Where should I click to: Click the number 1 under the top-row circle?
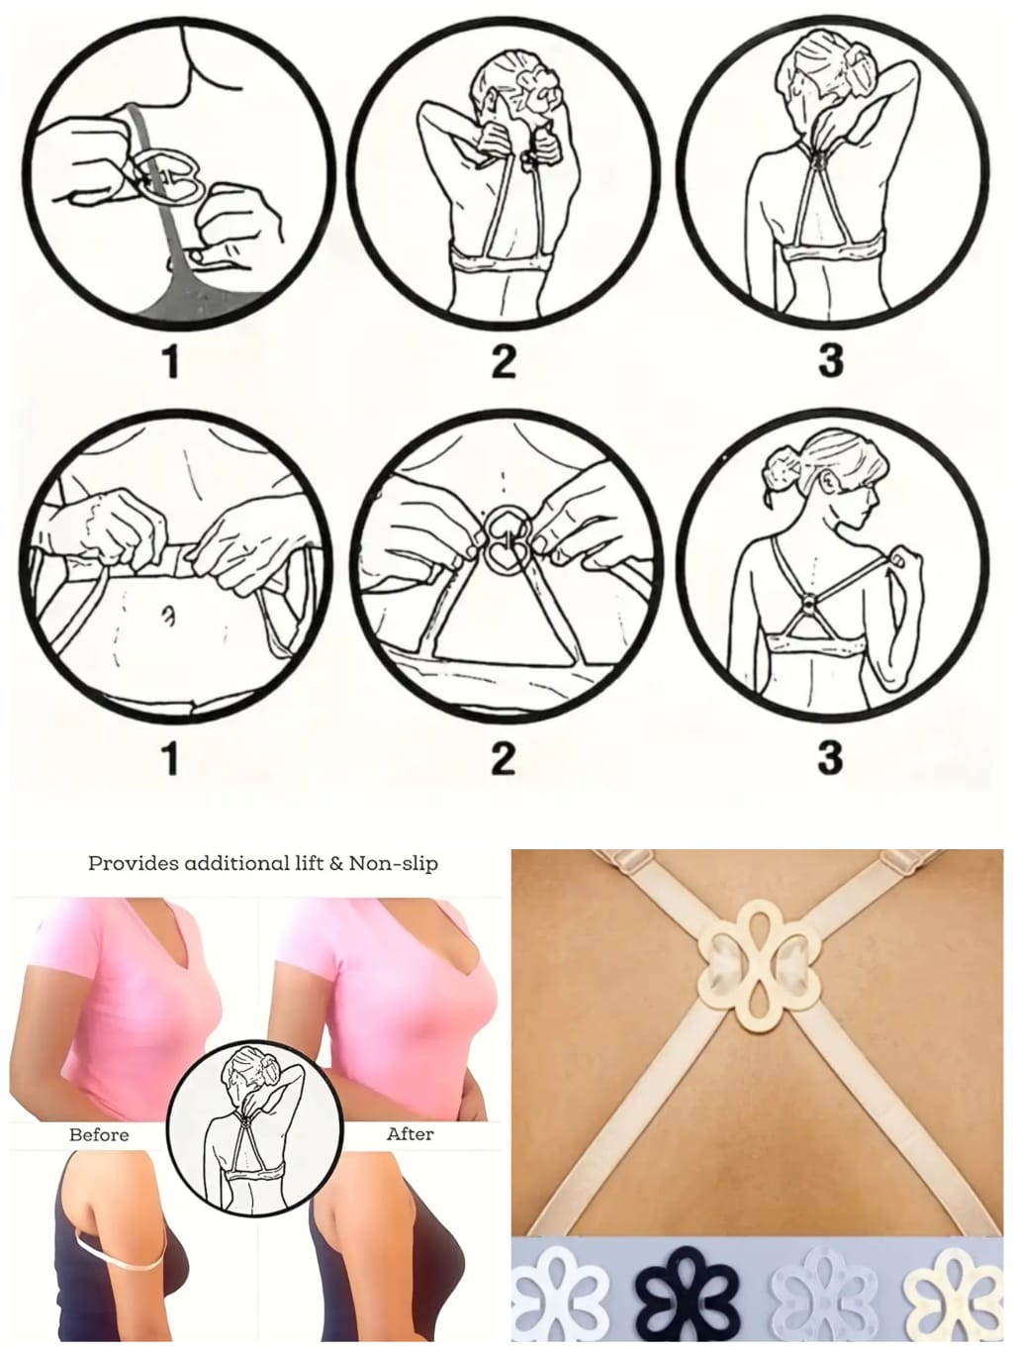171,361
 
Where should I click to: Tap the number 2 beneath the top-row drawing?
504,361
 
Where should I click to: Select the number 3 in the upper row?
831,361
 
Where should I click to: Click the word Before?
99,1134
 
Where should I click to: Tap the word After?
410,1133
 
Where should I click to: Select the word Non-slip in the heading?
394,863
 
